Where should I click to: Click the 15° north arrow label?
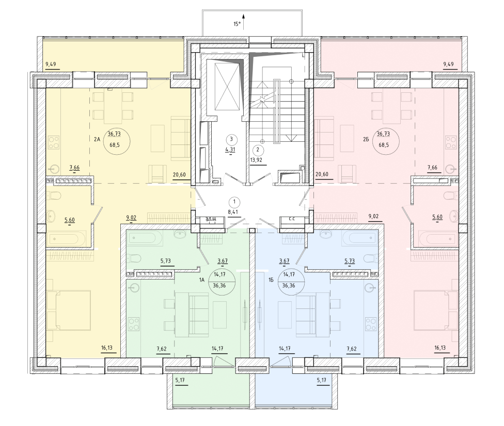[237, 24]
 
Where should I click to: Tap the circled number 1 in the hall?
[234, 202]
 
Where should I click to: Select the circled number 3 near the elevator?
[231, 139]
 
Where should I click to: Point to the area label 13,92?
[256, 159]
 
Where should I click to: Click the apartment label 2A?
[97, 139]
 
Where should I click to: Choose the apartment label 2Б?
[366, 139]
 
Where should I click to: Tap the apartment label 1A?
[201, 280]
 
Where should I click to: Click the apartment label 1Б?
[271, 280]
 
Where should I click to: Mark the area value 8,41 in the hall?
[233, 212]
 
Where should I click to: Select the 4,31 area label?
[230, 149]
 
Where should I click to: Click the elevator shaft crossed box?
[227, 86]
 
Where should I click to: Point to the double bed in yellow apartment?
[69, 310]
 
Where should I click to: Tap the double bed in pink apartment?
[436, 310]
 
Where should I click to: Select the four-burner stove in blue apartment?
[371, 324]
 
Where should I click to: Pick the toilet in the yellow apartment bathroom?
[54, 195]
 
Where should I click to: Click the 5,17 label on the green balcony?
[180, 381]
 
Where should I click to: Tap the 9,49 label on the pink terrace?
[448, 64]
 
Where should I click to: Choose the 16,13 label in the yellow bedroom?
[107, 348]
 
